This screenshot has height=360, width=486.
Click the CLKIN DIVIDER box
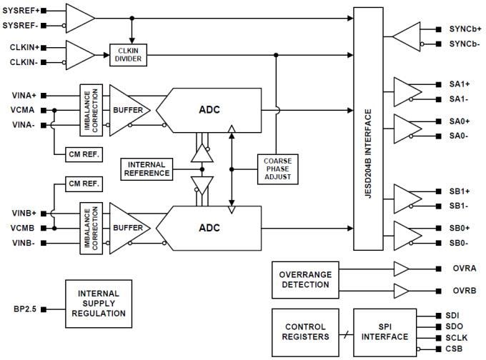point(129,55)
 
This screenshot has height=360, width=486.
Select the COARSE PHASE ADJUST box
point(276,169)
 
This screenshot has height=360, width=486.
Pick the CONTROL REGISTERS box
point(304,331)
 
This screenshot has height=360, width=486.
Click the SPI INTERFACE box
point(384,331)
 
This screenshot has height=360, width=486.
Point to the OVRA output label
point(461,269)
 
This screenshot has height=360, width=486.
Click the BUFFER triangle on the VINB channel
point(128,228)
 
